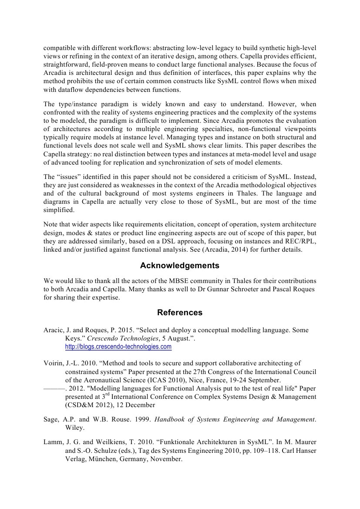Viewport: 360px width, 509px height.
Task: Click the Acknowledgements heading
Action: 179,266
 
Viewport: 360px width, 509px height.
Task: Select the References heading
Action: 179,313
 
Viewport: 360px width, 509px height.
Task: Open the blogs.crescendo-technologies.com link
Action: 118,347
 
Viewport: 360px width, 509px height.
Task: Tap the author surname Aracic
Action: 54,330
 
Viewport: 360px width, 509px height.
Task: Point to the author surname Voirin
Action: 54,363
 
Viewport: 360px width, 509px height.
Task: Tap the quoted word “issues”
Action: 70,177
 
